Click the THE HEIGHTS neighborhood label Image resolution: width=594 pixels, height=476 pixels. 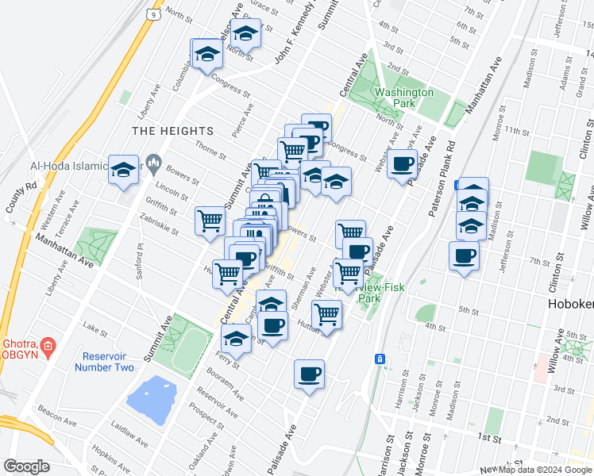pos(173,131)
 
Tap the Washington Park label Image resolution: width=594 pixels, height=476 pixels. pos(404,98)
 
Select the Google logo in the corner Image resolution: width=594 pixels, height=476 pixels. pos(26,466)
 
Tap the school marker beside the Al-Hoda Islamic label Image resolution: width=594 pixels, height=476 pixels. pos(124,170)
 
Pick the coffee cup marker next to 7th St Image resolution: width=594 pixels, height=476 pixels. pos(464,256)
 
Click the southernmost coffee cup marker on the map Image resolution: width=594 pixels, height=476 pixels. pos(309,374)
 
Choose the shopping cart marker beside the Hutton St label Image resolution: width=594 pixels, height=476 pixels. pos(326,314)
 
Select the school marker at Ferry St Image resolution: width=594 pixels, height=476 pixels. pos(236,339)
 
